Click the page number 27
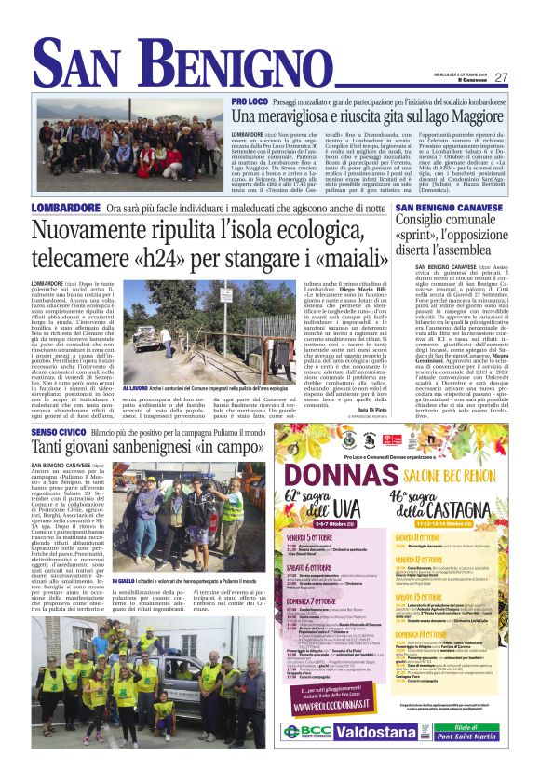pyautogui.click(x=500, y=77)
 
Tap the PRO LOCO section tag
pyautogui.click(x=251, y=100)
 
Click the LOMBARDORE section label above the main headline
pyautogui.click(x=65, y=208)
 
